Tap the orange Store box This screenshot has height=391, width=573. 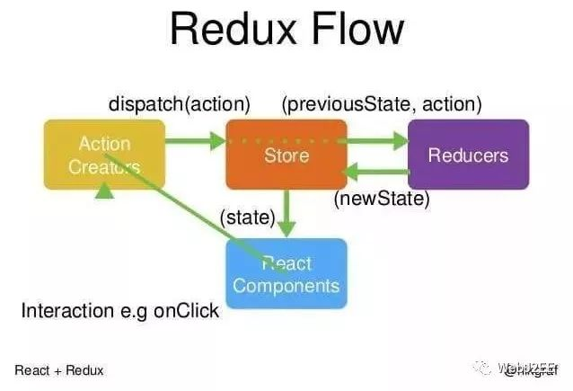pos(286,155)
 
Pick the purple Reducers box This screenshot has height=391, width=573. pos(468,155)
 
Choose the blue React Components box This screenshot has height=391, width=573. pos(286,274)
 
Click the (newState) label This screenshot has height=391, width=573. pos(382,198)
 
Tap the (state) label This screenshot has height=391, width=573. pos(248,217)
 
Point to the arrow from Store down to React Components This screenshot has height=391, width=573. pos(286,215)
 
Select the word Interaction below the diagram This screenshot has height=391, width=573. pos(61,312)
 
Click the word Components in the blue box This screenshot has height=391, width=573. pos(286,286)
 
